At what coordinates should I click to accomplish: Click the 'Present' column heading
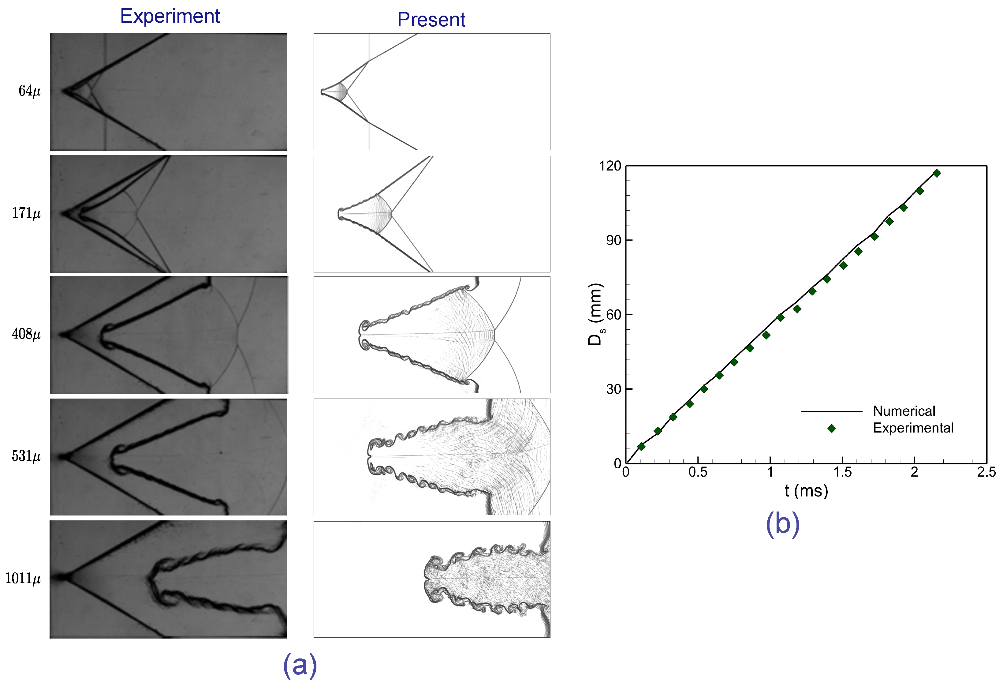[x=431, y=20]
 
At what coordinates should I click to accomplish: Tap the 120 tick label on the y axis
[x=610, y=166]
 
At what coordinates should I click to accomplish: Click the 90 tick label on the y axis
[x=613, y=241]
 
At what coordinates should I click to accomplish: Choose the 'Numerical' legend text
[x=904, y=411]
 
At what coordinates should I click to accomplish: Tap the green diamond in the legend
[x=832, y=428]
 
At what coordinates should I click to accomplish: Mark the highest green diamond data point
[x=937, y=173]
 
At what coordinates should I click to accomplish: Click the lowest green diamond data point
[x=641, y=447]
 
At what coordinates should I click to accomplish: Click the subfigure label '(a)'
[x=300, y=665]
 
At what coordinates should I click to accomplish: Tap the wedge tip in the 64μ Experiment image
[x=63, y=91]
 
